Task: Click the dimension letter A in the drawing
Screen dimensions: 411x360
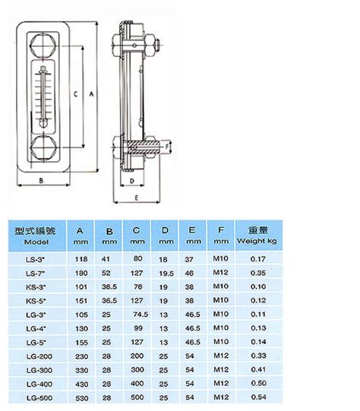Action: [x=90, y=93]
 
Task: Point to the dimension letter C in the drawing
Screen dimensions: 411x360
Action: [x=75, y=93]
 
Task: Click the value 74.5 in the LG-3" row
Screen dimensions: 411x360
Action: [x=138, y=314]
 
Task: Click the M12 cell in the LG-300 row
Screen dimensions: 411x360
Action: [x=220, y=369]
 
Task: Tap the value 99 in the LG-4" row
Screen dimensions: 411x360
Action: [x=137, y=328]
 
